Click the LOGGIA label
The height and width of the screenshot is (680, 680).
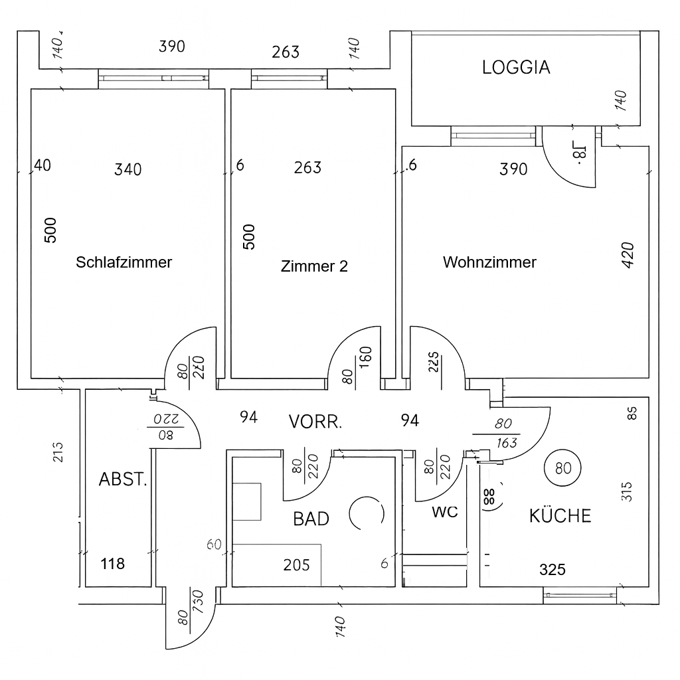pos(516,67)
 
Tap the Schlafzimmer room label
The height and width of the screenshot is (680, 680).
pos(124,262)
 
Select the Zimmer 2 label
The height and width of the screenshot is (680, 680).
pos(314,266)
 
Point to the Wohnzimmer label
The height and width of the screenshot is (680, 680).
pos(489,262)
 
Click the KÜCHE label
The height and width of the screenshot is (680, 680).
pos(560,515)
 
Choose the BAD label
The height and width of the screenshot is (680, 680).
pos(311,518)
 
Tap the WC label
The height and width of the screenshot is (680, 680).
pos(444,512)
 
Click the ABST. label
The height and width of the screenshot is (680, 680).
pos(123,479)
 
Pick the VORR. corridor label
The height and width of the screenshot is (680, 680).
pos(315,422)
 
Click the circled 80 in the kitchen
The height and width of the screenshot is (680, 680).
pos(562,468)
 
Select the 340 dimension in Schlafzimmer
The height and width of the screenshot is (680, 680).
pos(127,169)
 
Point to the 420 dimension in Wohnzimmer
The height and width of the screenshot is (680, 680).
pos(628,255)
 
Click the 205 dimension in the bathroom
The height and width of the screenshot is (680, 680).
pos(296,564)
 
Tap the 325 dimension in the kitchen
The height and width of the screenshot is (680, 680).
pos(552,569)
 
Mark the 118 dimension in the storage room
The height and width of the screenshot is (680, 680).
pos(112,564)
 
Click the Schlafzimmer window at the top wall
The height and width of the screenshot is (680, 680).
pos(153,78)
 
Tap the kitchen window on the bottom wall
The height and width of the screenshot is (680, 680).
pos(580,595)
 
